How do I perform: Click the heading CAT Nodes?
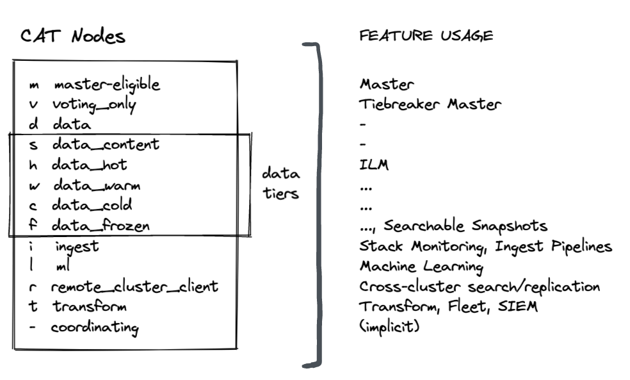pos(72,36)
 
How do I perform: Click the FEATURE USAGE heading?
pos(426,36)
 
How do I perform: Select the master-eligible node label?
pos(106,84)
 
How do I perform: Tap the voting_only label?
pos(94,104)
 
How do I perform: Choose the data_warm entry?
pos(96,185)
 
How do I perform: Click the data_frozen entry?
pos(102,226)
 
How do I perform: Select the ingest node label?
pos(76,246)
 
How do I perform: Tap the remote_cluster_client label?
pos(134,286)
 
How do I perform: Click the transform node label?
pos(89,306)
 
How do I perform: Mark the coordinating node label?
pos(95,327)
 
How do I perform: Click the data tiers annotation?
pos(280,183)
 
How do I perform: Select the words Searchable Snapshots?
pos(465,226)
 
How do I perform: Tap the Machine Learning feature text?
pos(421,266)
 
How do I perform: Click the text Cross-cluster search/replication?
pos(480,286)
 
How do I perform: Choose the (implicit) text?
pos(389,327)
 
